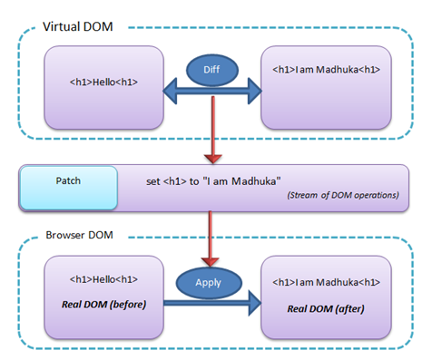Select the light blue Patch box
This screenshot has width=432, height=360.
(x=69, y=188)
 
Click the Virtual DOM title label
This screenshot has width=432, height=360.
(x=78, y=26)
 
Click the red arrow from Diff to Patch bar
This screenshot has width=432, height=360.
(x=211, y=127)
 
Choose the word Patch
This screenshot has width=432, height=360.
(x=68, y=180)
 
